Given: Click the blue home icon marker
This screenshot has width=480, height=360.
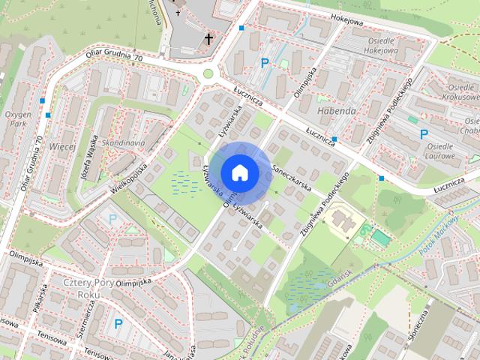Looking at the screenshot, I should pos(239,172).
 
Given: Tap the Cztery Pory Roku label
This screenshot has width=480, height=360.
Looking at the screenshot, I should pos(88,289).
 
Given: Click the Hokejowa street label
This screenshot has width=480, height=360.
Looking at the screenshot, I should pos(346,22).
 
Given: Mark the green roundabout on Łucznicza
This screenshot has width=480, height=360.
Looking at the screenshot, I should pos(208,73).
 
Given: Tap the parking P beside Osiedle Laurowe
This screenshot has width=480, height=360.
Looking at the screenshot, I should pos(424,134).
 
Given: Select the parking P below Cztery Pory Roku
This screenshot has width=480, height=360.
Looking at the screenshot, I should pos(118,324).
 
